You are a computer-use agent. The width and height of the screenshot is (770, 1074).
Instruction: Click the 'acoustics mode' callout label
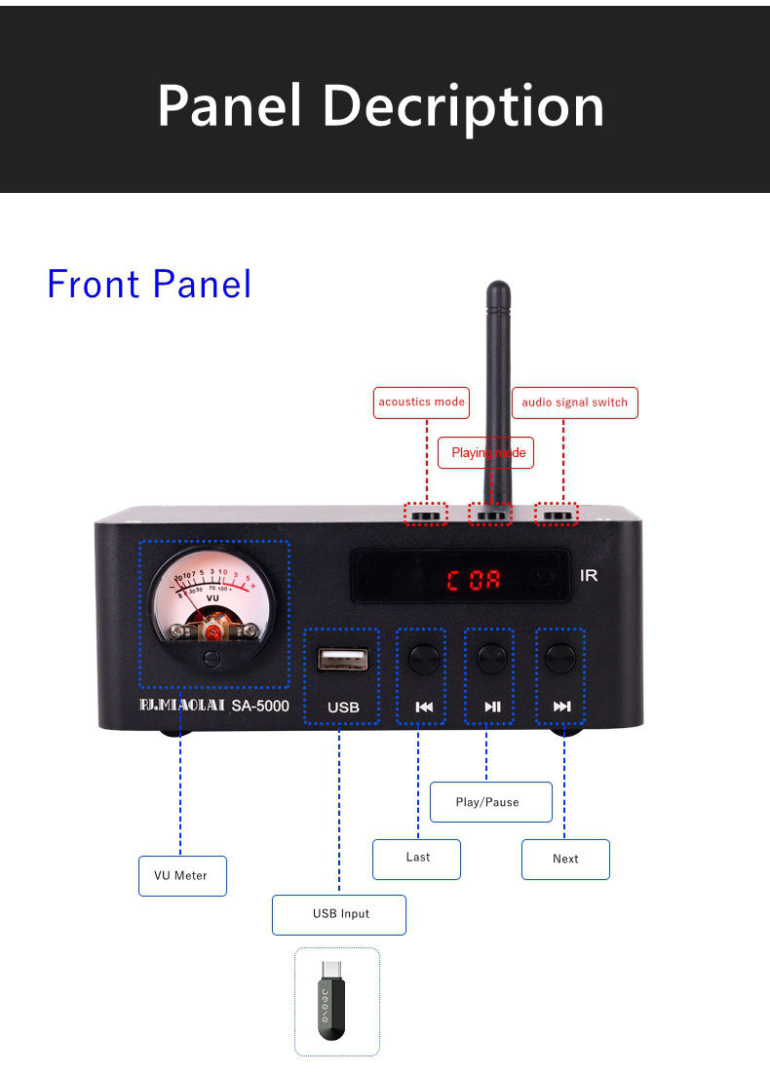[421, 403]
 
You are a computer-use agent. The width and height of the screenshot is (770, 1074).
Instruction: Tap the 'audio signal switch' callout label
[575, 403]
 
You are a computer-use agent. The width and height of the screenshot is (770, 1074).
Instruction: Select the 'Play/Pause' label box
[490, 802]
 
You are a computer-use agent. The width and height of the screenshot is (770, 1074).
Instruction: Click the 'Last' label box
[416, 858]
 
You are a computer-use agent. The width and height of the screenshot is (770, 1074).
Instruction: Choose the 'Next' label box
[565, 859]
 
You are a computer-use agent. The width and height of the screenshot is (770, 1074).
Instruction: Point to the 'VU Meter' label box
[182, 875]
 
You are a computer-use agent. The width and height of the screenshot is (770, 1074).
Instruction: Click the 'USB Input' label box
[339, 914]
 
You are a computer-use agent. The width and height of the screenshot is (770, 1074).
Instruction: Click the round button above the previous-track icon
[423, 658]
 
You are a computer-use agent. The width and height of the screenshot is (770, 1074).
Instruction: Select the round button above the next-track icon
[560, 658]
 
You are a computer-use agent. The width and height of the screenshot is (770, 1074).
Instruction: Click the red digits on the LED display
[474, 581]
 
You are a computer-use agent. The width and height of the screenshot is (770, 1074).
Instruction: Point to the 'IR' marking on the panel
[589, 575]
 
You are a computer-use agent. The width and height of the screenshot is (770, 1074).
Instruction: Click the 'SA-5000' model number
[260, 706]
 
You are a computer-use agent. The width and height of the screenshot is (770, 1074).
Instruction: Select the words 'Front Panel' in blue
[149, 284]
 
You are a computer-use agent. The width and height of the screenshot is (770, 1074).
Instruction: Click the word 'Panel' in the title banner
[229, 105]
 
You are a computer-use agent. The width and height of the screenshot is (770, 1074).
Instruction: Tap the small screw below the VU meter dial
[212, 660]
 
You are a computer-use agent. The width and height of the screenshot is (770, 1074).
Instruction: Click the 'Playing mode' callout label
[487, 453]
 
